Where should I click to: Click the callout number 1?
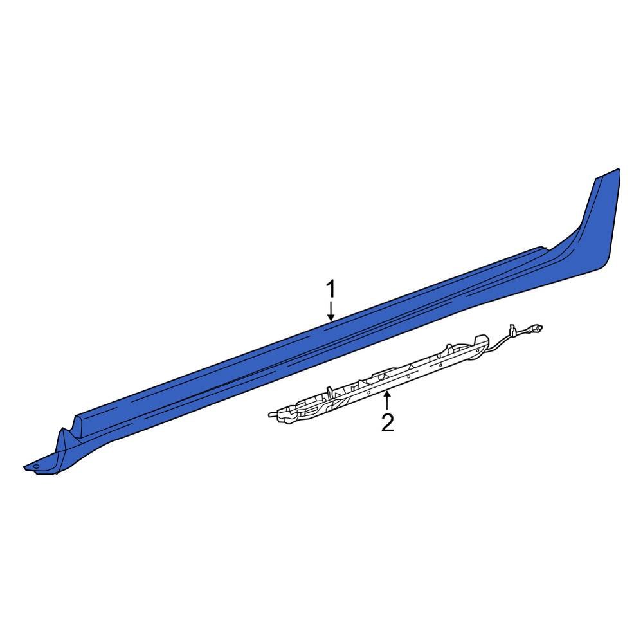tap(331, 291)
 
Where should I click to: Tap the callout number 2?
tap(387, 423)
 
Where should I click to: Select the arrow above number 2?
tap(387, 401)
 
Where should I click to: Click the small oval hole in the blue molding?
tap(36, 466)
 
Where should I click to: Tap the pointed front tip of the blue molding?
tap(24, 467)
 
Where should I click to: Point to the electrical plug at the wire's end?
tap(533, 329)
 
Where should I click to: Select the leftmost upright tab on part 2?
tap(329, 390)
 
